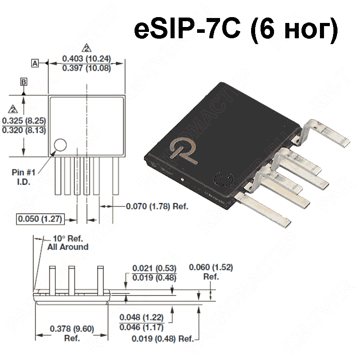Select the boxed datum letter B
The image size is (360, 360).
click(x=24, y=81)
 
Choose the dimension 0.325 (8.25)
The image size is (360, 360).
click(x=23, y=121)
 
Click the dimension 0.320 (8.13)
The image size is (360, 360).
click(x=23, y=130)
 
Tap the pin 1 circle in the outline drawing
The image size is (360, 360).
click(x=60, y=145)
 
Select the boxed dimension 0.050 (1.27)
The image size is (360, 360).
click(x=40, y=219)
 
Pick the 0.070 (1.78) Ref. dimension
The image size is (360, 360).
click(x=156, y=207)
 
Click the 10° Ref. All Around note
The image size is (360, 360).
click(x=67, y=243)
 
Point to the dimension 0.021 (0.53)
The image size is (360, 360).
click(x=154, y=269)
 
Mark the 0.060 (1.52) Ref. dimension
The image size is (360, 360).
click(x=211, y=271)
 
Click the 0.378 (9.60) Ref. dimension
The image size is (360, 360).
click(x=72, y=333)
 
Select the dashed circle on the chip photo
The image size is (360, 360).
click(x=222, y=180)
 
